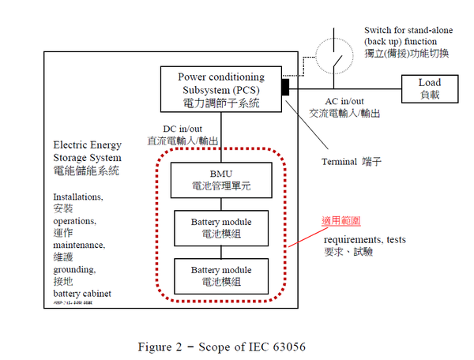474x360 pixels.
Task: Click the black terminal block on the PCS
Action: click(284, 85)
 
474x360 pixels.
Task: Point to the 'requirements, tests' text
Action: click(364, 239)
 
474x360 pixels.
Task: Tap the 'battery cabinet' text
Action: click(82, 293)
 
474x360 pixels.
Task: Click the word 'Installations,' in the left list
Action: click(78, 197)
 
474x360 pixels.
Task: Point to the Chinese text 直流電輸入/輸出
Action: click(183, 141)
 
